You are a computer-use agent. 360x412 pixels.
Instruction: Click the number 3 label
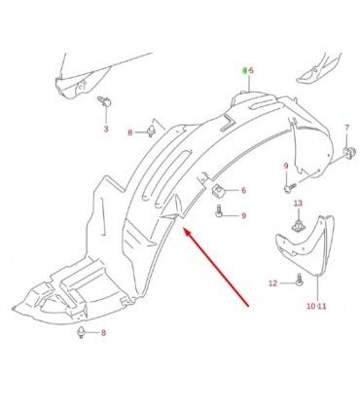tap(106, 129)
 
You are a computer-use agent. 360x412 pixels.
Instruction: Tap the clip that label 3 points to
tap(104, 101)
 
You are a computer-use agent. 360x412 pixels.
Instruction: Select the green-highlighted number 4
tap(245, 70)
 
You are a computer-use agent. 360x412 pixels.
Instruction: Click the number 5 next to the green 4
tap(251, 70)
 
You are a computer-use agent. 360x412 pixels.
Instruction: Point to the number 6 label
tap(244, 190)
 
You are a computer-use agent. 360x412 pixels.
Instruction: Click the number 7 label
tap(346, 128)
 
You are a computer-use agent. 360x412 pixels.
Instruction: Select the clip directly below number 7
tap(347, 153)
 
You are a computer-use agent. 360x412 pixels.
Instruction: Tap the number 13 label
tap(298, 204)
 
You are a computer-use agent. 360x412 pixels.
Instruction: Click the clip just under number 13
tap(297, 225)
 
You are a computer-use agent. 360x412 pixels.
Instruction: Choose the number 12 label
tap(273, 283)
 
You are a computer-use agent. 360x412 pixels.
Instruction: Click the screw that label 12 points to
tap(300, 281)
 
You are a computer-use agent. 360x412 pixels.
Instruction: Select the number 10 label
tap(310, 306)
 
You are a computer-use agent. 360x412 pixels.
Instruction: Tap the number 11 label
tap(322, 306)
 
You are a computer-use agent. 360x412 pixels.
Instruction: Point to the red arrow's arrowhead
tap(187, 231)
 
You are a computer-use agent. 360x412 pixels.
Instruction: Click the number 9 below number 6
tap(244, 215)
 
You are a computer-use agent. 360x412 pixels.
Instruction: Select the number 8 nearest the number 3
tap(130, 132)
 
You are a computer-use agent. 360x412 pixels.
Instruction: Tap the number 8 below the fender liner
tap(103, 332)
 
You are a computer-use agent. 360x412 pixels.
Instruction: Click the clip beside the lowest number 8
tap(81, 332)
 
